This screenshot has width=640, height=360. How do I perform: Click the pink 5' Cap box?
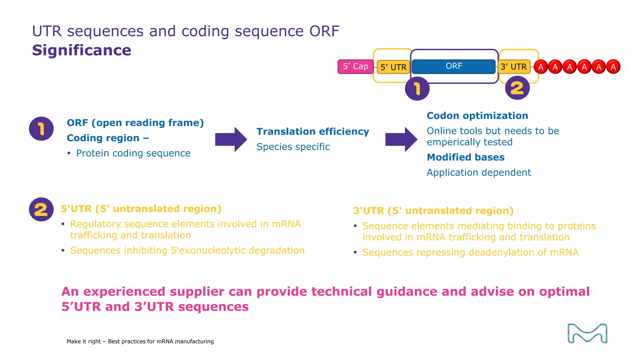point(355,67)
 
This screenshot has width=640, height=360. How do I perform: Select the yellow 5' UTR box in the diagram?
point(393,67)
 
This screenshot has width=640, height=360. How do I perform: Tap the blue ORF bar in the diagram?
point(453,66)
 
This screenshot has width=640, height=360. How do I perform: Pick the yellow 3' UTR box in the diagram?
point(513,67)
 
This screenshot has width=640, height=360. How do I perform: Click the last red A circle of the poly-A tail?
point(613,67)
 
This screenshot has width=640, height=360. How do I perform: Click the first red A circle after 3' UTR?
point(541,67)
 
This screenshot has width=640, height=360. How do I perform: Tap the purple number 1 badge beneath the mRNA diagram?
point(417,89)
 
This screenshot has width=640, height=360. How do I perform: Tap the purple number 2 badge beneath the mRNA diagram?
point(517,88)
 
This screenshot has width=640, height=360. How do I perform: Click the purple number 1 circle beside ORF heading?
point(41,129)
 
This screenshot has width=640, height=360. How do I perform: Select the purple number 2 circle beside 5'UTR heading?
point(41,209)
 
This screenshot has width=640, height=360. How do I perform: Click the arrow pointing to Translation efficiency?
point(231,139)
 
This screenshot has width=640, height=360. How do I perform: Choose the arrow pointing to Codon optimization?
point(401,139)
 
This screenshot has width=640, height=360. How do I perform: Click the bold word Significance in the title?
point(82,51)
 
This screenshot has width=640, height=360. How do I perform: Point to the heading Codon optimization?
point(477,116)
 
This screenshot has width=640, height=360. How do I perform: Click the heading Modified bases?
point(465,157)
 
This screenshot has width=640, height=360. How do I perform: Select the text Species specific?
point(293,147)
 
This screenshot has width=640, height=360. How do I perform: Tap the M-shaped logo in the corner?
point(587,333)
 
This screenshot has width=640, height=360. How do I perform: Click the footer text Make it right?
point(83,342)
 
